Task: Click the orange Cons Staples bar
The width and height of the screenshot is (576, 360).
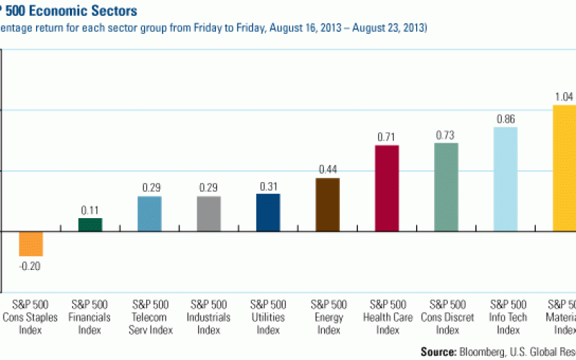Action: coord(31,243)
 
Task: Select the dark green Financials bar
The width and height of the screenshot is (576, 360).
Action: coord(90,225)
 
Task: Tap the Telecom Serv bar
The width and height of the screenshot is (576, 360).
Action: coord(149,214)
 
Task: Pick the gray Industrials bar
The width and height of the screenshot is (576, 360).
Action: coord(209,214)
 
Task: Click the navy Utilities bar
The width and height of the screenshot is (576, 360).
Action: coord(268,212)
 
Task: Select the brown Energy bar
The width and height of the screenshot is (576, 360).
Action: coord(328,204)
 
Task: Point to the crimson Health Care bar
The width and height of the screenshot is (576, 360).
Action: coord(387,188)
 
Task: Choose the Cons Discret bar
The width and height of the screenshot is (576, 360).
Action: coord(446,187)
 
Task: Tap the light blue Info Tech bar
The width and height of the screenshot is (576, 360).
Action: coord(505,179)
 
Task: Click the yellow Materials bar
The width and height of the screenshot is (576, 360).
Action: coord(564,168)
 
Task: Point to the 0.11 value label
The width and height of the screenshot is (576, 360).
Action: coord(90,210)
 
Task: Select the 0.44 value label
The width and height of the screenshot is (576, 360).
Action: coord(328,169)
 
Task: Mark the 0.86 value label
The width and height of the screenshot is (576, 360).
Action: coord(505,119)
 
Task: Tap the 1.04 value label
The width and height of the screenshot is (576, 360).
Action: coord(564,96)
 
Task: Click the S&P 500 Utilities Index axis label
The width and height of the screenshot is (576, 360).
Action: coord(269,317)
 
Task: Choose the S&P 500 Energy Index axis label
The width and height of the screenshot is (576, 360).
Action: coord(328,317)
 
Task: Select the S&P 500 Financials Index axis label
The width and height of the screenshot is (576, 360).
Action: coord(90,317)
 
